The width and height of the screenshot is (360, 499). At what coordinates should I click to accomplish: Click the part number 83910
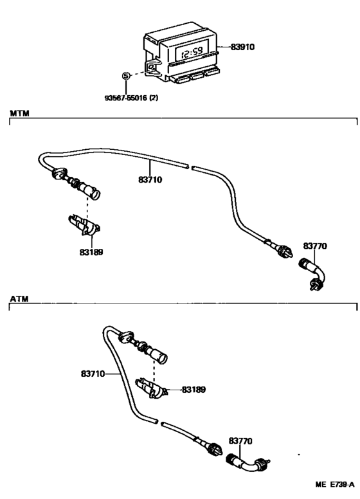[x=242, y=47]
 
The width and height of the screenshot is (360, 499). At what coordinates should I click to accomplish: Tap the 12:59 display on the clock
[x=192, y=52]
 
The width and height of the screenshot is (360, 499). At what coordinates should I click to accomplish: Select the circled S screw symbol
[x=126, y=76]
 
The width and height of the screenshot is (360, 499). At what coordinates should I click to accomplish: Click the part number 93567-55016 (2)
[x=131, y=98]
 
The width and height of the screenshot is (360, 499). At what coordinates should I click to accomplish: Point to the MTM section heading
[x=19, y=113]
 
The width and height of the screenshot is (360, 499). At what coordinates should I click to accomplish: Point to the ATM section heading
[x=19, y=299]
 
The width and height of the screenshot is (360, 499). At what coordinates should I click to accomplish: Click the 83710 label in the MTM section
[x=150, y=180]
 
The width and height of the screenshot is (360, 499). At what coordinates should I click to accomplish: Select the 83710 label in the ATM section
[x=93, y=374]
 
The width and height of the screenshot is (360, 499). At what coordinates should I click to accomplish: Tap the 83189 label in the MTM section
[x=91, y=252]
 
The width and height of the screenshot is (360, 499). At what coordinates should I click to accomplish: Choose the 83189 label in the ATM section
[x=194, y=390]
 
